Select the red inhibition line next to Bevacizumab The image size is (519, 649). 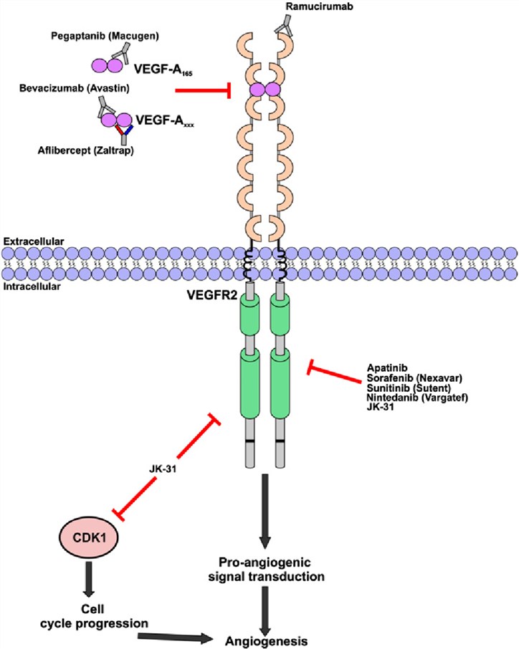tap(203, 91)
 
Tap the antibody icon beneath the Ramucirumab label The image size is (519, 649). tap(285, 27)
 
